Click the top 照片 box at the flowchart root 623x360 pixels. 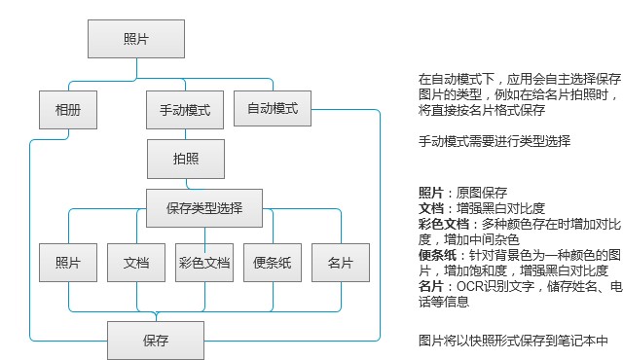coord(136,39)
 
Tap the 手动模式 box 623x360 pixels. coord(185,110)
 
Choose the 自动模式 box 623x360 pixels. coord(273,108)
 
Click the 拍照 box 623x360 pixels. coord(185,159)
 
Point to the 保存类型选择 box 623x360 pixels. coord(204,207)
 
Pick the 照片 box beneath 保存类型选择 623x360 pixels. coord(68,263)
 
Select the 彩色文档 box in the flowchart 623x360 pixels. coord(204,263)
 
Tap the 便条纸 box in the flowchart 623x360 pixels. coord(273,263)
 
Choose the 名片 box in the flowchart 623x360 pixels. coord(341,263)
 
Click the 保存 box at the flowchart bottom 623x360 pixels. coord(156,341)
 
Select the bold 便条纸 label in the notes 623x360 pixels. coord(436,255)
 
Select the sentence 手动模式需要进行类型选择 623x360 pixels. coord(494,141)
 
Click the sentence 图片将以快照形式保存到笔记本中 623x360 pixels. coord(513,341)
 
